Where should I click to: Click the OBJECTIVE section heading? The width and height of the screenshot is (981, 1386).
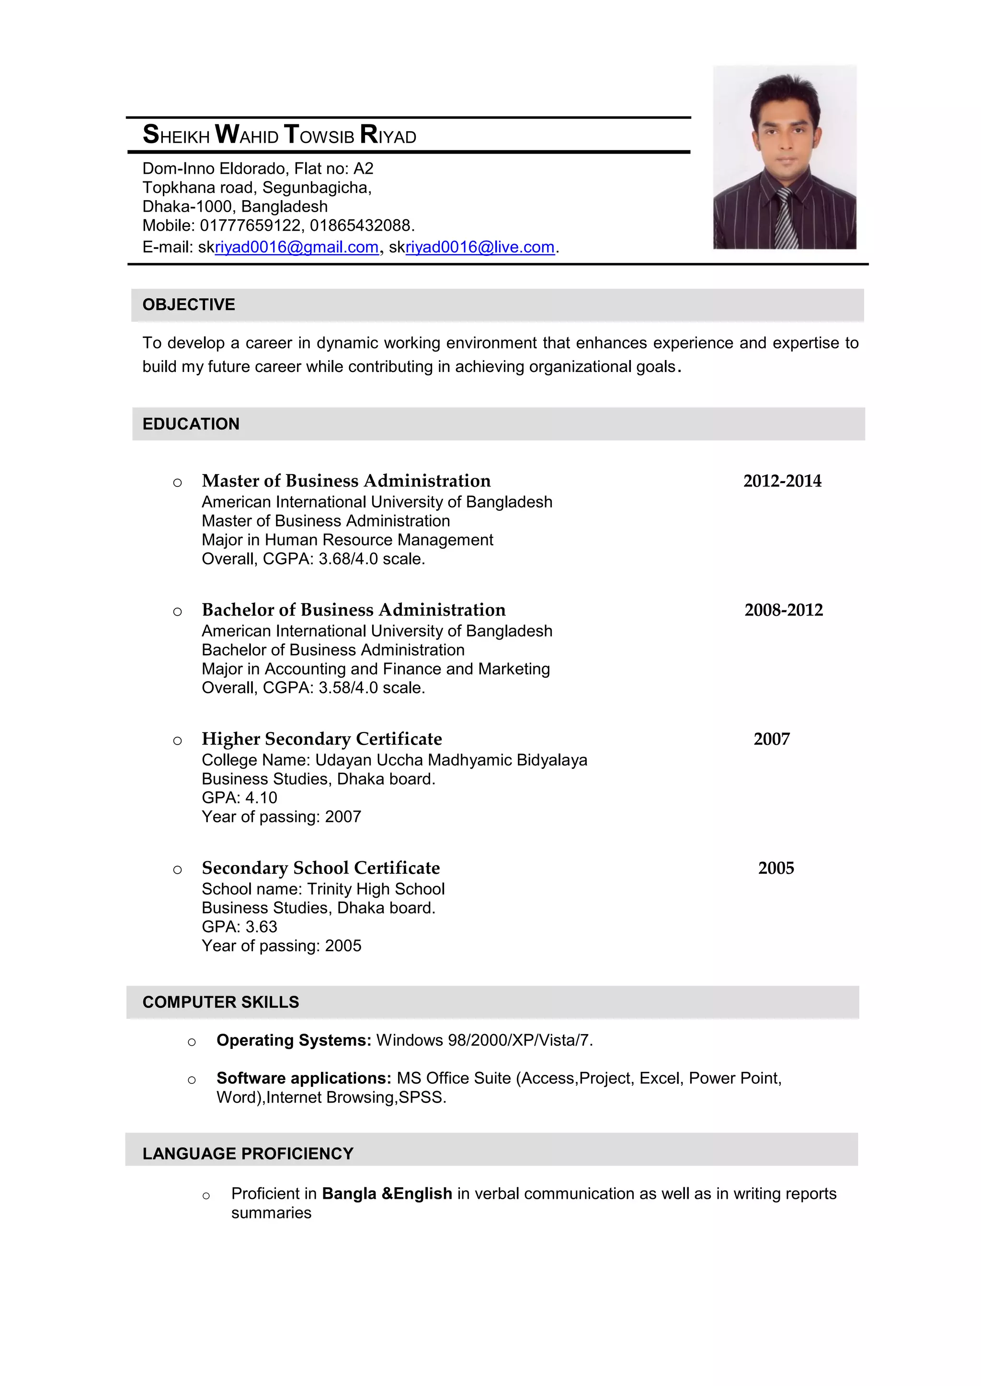(x=188, y=305)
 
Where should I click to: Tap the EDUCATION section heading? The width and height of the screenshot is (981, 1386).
(x=191, y=424)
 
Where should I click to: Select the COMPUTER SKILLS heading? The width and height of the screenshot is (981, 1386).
(x=220, y=1002)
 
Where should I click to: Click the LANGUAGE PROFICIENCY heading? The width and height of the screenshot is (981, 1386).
(x=248, y=1154)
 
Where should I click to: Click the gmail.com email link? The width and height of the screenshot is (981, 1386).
(x=296, y=248)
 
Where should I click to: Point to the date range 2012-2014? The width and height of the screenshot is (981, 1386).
(x=782, y=481)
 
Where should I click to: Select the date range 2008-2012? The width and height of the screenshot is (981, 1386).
(x=784, y=610)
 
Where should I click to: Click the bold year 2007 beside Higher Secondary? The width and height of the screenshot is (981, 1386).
(x=771, y=740)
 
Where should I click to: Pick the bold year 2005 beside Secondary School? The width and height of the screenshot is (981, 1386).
(x=776, y=868)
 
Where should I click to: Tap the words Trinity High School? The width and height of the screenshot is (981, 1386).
(x=376, y=889)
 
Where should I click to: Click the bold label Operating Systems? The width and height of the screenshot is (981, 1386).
(x=294, y=1041)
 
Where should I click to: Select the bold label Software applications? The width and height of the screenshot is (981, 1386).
(x=304, y=1079)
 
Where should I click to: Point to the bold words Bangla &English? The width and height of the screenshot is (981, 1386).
(x=387, y=1194)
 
